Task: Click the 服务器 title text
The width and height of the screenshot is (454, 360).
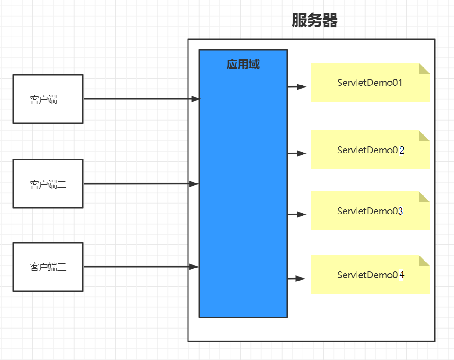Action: click(x=315, y=21)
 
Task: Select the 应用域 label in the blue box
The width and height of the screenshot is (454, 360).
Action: click(x=243, y=64)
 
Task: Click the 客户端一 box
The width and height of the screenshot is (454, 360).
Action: click(x=48, y=99)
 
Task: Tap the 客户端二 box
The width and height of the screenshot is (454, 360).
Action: click(x=48, y=184)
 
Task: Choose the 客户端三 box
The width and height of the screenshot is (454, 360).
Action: click(x=48, y=267)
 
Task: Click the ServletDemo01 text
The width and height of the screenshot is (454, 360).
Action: click(x=370, y=83)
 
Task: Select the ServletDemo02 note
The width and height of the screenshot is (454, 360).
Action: click(x=370, y=150)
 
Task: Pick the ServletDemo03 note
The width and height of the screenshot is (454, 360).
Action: click(x=370, y=211)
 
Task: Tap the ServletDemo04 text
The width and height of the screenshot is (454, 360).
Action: click(x=370, y=275)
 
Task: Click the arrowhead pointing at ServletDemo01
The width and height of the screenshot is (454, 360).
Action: click(x=302, y=86)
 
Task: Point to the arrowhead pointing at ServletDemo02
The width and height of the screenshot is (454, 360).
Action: click(x=302, y=153)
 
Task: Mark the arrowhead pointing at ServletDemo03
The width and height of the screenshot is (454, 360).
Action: click(x=302, y=214)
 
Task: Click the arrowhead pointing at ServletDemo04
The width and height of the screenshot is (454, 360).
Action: click(x=300, y=279)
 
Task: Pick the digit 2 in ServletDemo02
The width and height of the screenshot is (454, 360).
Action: click(x=401, y=150)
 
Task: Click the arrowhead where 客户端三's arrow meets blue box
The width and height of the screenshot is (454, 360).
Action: click(x=194, y=267)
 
